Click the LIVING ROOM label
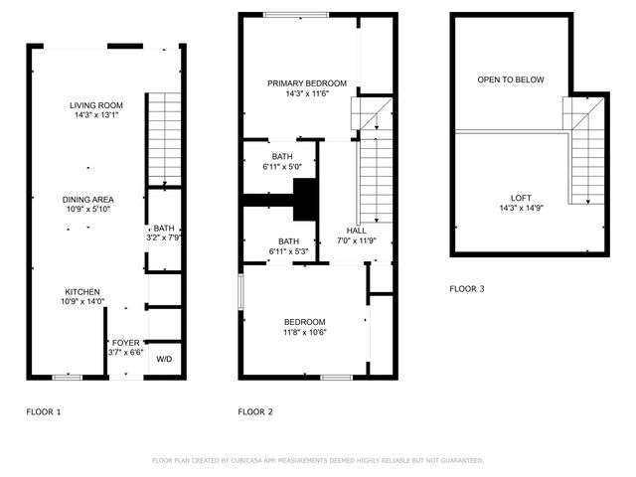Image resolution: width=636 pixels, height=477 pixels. [x=96, y=105]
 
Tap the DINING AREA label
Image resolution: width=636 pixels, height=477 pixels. [x=88, y=199]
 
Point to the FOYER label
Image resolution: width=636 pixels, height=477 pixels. [x=125, y=341]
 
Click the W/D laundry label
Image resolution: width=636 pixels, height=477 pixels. [x=164, y=359]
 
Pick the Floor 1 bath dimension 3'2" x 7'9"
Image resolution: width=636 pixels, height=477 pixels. [x=164, y=238]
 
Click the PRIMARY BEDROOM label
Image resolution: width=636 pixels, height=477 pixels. [x=307, y=83]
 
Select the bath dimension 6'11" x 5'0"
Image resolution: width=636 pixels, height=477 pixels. [x=282, y=167]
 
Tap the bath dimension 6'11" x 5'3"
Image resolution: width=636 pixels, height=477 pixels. [x=289, y=252]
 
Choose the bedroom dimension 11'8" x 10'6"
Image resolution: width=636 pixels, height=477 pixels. [x=305, y=332]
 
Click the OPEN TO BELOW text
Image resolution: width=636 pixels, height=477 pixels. [x=511, y=79]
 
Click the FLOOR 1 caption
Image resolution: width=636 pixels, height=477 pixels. [x=44, y=411]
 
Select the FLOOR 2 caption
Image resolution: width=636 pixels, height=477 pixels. [x=255, y=411]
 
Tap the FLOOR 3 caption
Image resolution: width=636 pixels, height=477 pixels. [x=467, y=289]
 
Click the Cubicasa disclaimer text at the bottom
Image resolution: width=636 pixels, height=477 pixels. [x=318, y=461]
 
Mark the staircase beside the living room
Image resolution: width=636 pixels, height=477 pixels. [x=164, y=139]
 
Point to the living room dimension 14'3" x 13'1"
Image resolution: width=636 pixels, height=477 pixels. [x=96, y=115]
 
